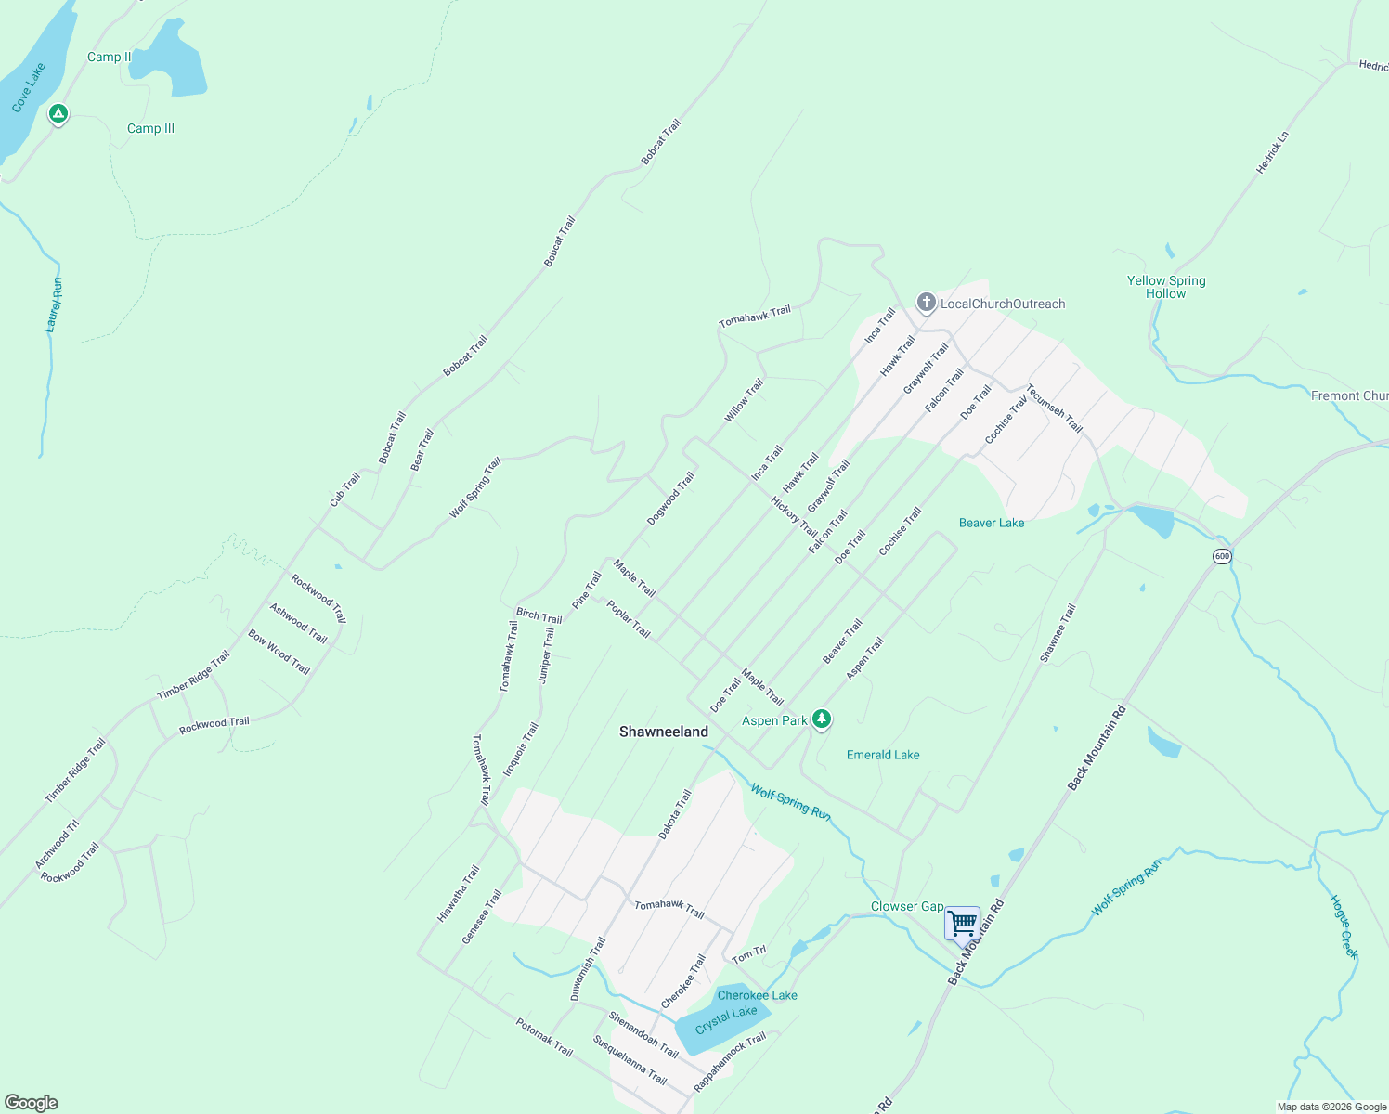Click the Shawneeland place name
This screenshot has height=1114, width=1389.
(663, 732)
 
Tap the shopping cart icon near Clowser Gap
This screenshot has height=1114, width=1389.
(963, 924)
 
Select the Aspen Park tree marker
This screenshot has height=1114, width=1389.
(821, 719)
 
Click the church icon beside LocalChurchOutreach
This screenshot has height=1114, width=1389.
(926, 303)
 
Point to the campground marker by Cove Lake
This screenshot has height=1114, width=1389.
(58, 114)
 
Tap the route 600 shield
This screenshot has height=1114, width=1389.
(1222, 556)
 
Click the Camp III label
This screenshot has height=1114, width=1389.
(150, 128)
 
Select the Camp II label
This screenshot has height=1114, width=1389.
(110, 57)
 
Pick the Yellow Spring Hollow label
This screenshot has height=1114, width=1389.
(1166, 287)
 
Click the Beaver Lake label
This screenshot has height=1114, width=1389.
(992, 523)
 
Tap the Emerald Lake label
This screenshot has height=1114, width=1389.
(883, 755)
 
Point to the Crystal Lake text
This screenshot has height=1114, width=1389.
(726, 1018)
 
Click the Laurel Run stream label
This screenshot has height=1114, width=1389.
(54, 304)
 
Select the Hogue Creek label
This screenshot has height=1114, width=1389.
(1344, 926)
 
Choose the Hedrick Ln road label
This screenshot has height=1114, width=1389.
(1272, 153)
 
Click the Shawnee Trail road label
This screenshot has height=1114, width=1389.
(1058, 633)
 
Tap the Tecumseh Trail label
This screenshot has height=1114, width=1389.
(1054, 408)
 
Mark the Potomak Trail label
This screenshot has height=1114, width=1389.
(544, 1037)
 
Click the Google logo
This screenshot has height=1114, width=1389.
(32, 1103)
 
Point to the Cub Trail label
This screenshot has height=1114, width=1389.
(344, 490)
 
